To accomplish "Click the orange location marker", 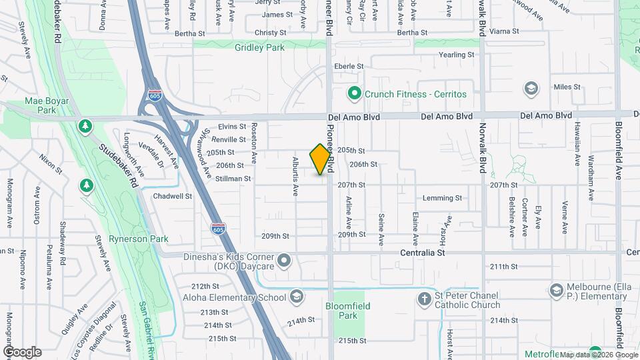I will pyautogui.click(x=321, y=160).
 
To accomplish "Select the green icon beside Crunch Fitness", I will pyautogui.click(x=355, y=94).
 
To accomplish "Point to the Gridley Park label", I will pyautogui.click(x=259, y=47).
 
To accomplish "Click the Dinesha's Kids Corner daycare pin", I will pyautogui.click(x=285, y=261).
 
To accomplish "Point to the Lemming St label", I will pyautogui.click(x=443, y=198).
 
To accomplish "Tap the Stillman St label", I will pyautogui.click(x=233, y=179).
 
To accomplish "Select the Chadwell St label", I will pyautogui.click(x=173, y=197).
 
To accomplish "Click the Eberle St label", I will pyautogui.click(x=349, y=66).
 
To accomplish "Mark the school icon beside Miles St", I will pyautogui.click(x=531, y=88).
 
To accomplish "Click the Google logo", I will pyautogui.click(x=22, y=351).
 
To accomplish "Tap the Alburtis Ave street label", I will pyautogui.click(x=295, y=177).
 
